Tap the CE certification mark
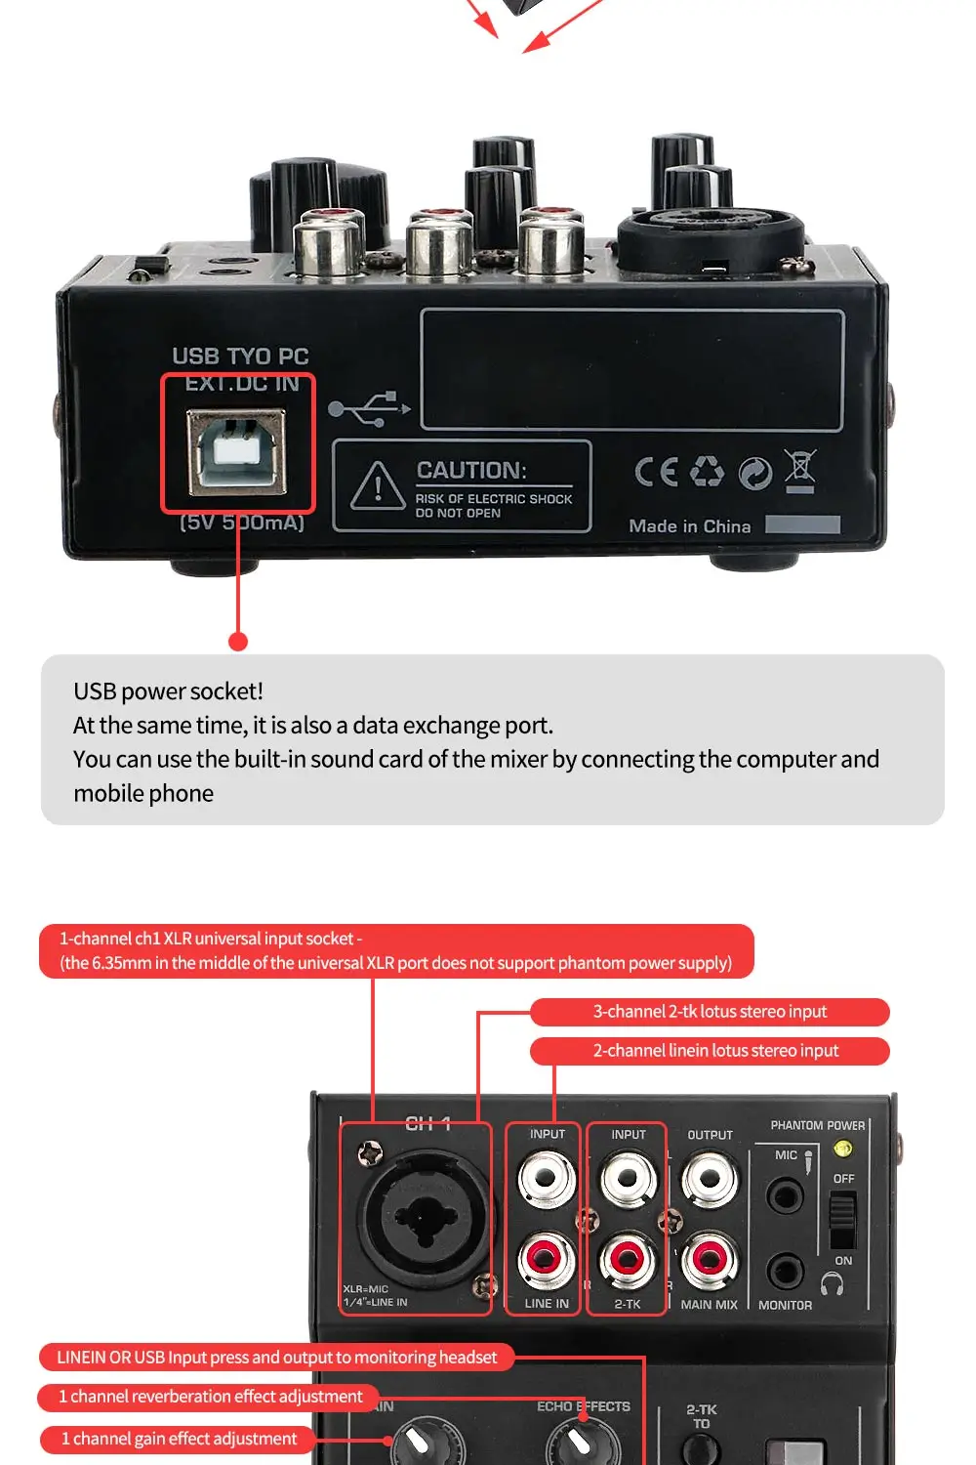[656, 472]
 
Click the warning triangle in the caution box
[378, 485]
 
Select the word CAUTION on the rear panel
[471, 470]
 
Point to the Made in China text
[689, 526]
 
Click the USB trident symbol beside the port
[369, 408]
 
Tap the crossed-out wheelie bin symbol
[800, 471]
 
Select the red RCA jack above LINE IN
[546, 1258]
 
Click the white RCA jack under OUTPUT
[710, 1179]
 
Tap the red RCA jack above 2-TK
[628, 1258]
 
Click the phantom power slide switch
[842, 1220]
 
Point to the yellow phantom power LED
[843, 1150]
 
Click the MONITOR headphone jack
[785, 1271]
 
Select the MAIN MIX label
[709, 1305]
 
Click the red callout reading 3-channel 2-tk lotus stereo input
[710, 1012]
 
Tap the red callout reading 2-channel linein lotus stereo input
[710, 1051]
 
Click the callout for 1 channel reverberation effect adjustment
[209, 1397]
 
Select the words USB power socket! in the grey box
[168, 691]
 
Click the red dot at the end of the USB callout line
[238, 641]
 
